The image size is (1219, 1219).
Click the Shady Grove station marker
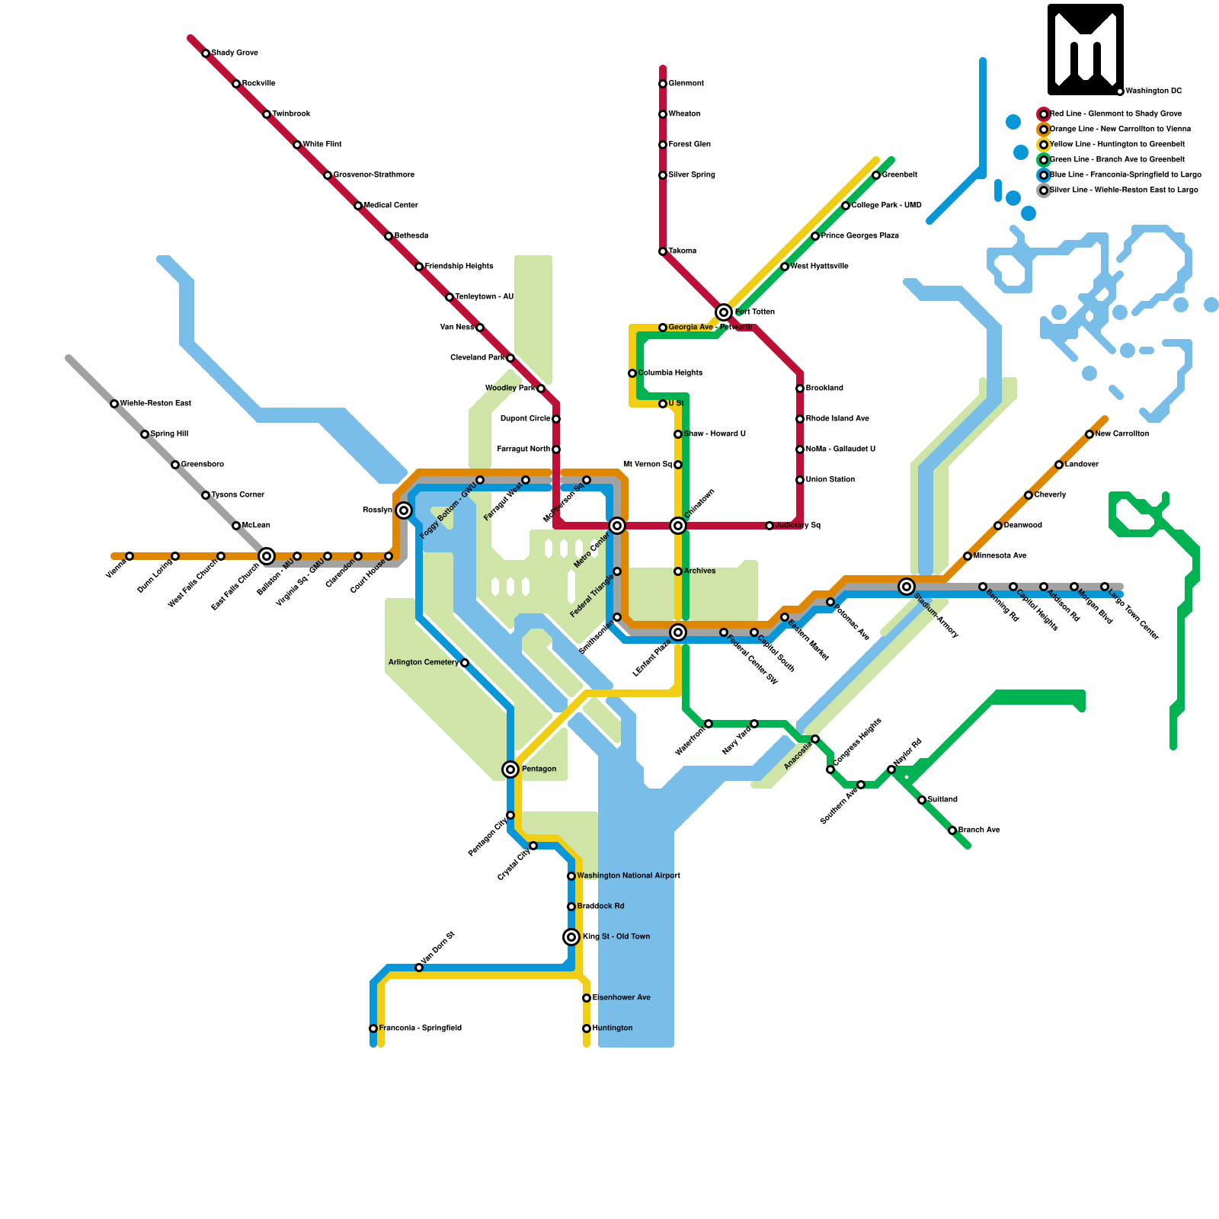point(206,53)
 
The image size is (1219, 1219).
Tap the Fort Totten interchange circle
point(724,312)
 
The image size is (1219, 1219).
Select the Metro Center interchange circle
point(617,526)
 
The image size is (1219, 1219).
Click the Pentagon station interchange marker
point(510,769)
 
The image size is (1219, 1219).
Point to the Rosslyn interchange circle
point(404,510)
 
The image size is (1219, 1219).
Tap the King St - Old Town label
point(616,937)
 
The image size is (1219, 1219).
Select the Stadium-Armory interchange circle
point(907,587)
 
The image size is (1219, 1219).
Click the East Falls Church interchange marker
point(267,556)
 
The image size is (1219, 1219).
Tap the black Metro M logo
point(1085,50)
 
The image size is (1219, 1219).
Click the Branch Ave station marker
point(952,830)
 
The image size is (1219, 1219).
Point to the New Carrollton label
point(1121,434)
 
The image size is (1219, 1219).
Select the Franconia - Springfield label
point(420,1029)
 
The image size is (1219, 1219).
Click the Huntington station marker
point(587,1029)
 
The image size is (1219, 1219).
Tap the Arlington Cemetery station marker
point(465,663)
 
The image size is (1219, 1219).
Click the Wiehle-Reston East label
point(155,404)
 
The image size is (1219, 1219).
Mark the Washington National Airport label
point(629,876)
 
